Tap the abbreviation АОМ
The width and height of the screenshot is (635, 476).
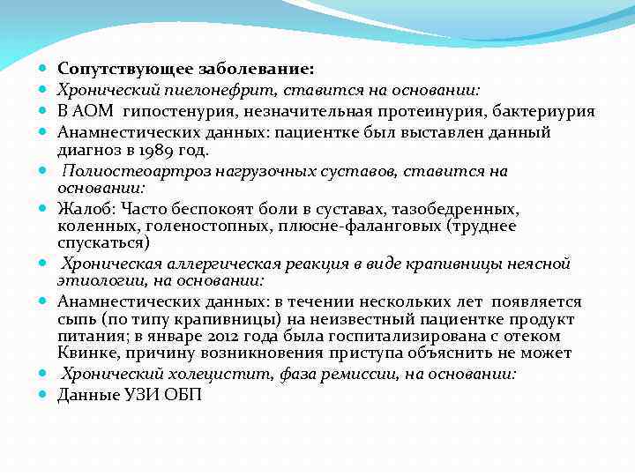coord(93,111)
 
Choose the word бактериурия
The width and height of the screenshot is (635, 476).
coord(542,111)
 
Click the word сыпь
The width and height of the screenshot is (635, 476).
coord(75,319)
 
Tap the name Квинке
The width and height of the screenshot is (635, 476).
coord(86,353)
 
